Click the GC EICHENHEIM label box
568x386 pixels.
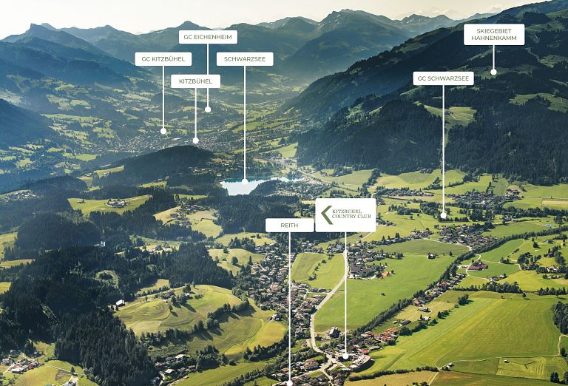click(208, 37)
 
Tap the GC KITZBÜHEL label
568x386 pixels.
click(163, 59)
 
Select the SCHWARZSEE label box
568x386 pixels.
click(245, 59)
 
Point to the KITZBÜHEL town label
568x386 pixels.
click(195, 81)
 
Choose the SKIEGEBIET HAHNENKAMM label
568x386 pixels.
click(494, 35)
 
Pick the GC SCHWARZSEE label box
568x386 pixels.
click(444, 78)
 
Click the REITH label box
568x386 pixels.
click(289, 226)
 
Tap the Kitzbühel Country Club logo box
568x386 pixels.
click(345, 215)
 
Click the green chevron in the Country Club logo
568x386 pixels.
click(326, 215)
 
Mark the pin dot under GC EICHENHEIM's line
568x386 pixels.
click(208, 109)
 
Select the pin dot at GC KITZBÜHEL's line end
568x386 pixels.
click(163, 131)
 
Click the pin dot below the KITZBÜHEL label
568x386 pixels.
click(195, 140)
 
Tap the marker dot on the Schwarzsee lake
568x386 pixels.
click(245, 181)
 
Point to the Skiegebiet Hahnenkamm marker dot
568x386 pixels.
click(493, 72)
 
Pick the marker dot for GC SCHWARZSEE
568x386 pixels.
click(444, 215)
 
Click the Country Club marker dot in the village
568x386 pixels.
click(345, 356)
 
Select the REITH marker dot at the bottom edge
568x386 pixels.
click(289, 383)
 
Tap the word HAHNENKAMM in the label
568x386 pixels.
click(494, 38)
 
